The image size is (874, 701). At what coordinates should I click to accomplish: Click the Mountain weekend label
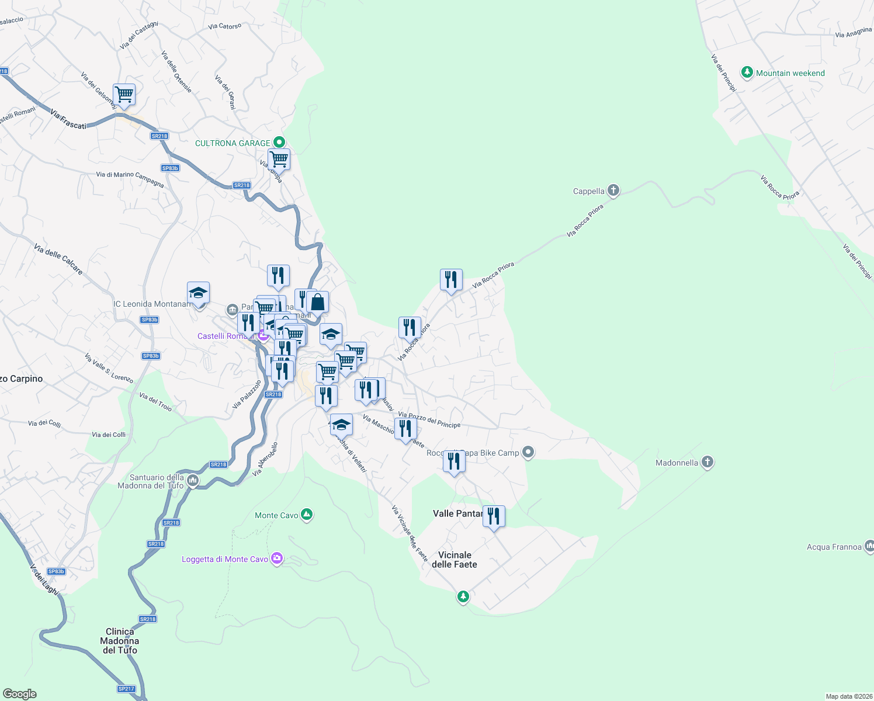[790, 74]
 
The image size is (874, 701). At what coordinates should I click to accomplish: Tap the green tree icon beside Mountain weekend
[747, 73]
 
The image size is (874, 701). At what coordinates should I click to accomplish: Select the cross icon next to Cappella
[613, 190]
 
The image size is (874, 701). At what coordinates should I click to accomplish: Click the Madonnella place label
[677, 463]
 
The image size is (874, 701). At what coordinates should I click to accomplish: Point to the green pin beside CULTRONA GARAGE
[279, 142]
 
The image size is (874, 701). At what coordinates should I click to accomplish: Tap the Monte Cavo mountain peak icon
[307, 515]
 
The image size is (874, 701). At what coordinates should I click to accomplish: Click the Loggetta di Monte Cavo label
[225, 560]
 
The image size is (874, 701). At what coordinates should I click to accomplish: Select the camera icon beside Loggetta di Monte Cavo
[277, 559]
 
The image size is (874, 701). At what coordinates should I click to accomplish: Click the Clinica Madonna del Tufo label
[120, 641]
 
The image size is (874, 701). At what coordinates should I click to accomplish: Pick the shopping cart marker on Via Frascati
[124, 95]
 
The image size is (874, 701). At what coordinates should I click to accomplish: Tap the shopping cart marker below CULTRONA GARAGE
[279, 159]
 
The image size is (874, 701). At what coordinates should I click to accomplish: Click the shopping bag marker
[317, 303]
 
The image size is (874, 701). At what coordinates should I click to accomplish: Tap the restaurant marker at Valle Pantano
[494, 516]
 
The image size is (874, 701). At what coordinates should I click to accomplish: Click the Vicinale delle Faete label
[455, 560]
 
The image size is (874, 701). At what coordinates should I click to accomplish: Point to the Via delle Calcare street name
[58, 259]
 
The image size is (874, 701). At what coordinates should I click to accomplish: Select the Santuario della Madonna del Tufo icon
[193, 481]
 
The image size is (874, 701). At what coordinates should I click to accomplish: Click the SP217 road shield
[126, 689]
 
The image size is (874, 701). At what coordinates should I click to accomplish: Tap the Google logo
[20, 693]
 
